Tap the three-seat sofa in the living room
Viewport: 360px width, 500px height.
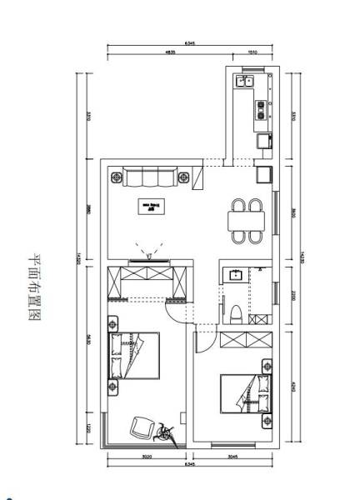tap(151, 176)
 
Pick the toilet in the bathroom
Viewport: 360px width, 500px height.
tap(237, 314)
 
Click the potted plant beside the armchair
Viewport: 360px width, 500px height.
tap(166, 433)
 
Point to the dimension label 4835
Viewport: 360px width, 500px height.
tap(171, 52)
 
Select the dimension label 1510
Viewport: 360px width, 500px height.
tap(252, 52)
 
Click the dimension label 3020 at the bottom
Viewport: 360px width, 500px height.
tap(144, 457)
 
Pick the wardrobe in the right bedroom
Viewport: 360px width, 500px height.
tap(247, 340)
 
